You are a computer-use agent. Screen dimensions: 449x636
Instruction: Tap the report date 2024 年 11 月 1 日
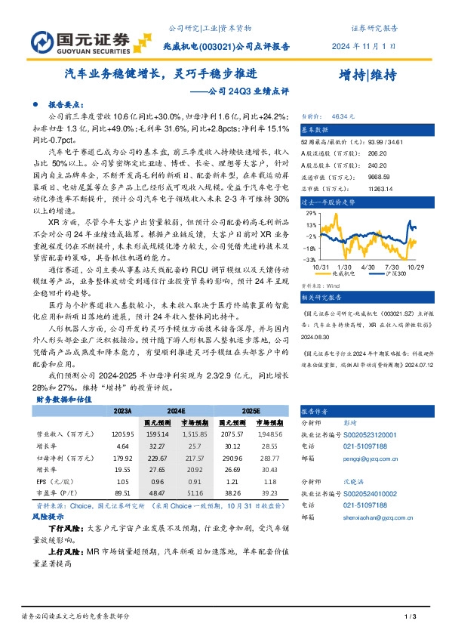point(364,45)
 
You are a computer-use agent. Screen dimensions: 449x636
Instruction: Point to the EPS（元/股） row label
point(55,481)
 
